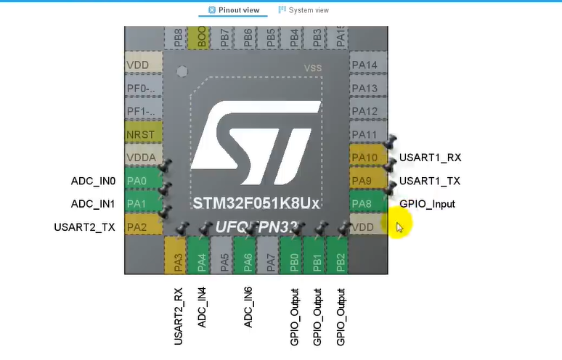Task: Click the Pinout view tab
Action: pyautogui.click(x=234, y=10)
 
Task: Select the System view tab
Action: pyautogui.click(x=304, y=10)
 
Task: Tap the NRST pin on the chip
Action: pyautogui.click(x=142, y=134)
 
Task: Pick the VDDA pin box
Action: pyautogui.click(x=142, y=157)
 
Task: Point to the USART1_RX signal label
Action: pyautogui.click(x=430, y=157)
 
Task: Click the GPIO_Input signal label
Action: pyautogui.click(x=427, y=204)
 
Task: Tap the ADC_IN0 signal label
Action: pyautogui.click(x=93, y=181)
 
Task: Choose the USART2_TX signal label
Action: pyautogui.click(x=84, y=227)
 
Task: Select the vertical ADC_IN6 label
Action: pyautogui.click(x=248, y=308)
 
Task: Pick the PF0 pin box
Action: pyautogui.click(x=142, y=89)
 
